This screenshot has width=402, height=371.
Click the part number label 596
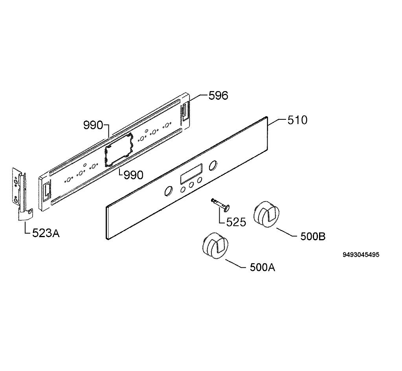click(x=218, y=95)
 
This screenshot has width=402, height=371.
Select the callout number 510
click(x=297, y=120)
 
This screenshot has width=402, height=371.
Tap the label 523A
click(x=46, y=233)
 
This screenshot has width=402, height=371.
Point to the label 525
click(x=236, y=222)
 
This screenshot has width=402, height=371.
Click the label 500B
click(x=313, y=236)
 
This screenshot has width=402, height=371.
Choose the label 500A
click(x=262, y=267)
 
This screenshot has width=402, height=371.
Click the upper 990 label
click(x=93, y=125)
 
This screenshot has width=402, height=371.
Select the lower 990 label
click(x=133, y=175)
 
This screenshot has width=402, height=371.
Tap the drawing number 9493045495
click(x=361, y=255)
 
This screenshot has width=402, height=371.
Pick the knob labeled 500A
click(x=215, y=246)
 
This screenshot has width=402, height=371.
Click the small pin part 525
click(x=220, y=205)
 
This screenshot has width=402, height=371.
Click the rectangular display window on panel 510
click(x=191, y=174)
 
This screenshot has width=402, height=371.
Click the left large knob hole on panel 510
click(x=168, y=192)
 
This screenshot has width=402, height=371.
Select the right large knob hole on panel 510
click(x=213, y=166)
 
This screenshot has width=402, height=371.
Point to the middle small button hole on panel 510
click(x=191, y=185)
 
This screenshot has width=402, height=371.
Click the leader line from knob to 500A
click(x=234, y=263)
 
